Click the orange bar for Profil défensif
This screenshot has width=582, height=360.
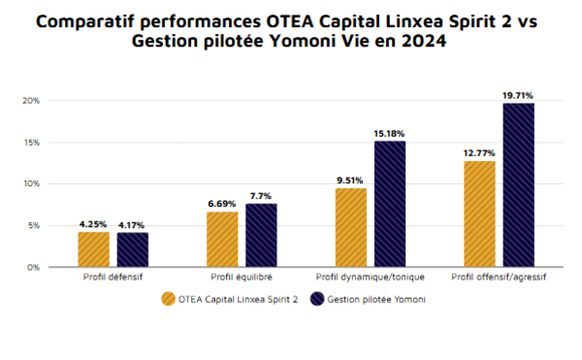point(93,249)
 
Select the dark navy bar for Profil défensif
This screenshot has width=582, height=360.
point(133,249)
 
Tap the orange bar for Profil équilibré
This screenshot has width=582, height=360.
point(222,239)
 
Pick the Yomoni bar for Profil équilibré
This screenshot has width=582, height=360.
point(261,235)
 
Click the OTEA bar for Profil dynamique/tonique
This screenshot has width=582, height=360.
point(350,227)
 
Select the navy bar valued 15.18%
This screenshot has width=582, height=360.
point(390,204)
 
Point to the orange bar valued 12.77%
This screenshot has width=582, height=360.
point(479,213)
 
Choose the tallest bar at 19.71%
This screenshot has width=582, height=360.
point(518,184)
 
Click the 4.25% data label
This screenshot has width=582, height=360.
point(93,225)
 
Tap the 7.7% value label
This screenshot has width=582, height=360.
point(261,196)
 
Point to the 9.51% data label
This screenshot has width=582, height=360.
point(350,180)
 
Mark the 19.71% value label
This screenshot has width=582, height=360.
point(518,95)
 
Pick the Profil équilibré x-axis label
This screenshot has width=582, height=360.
point(242,278)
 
